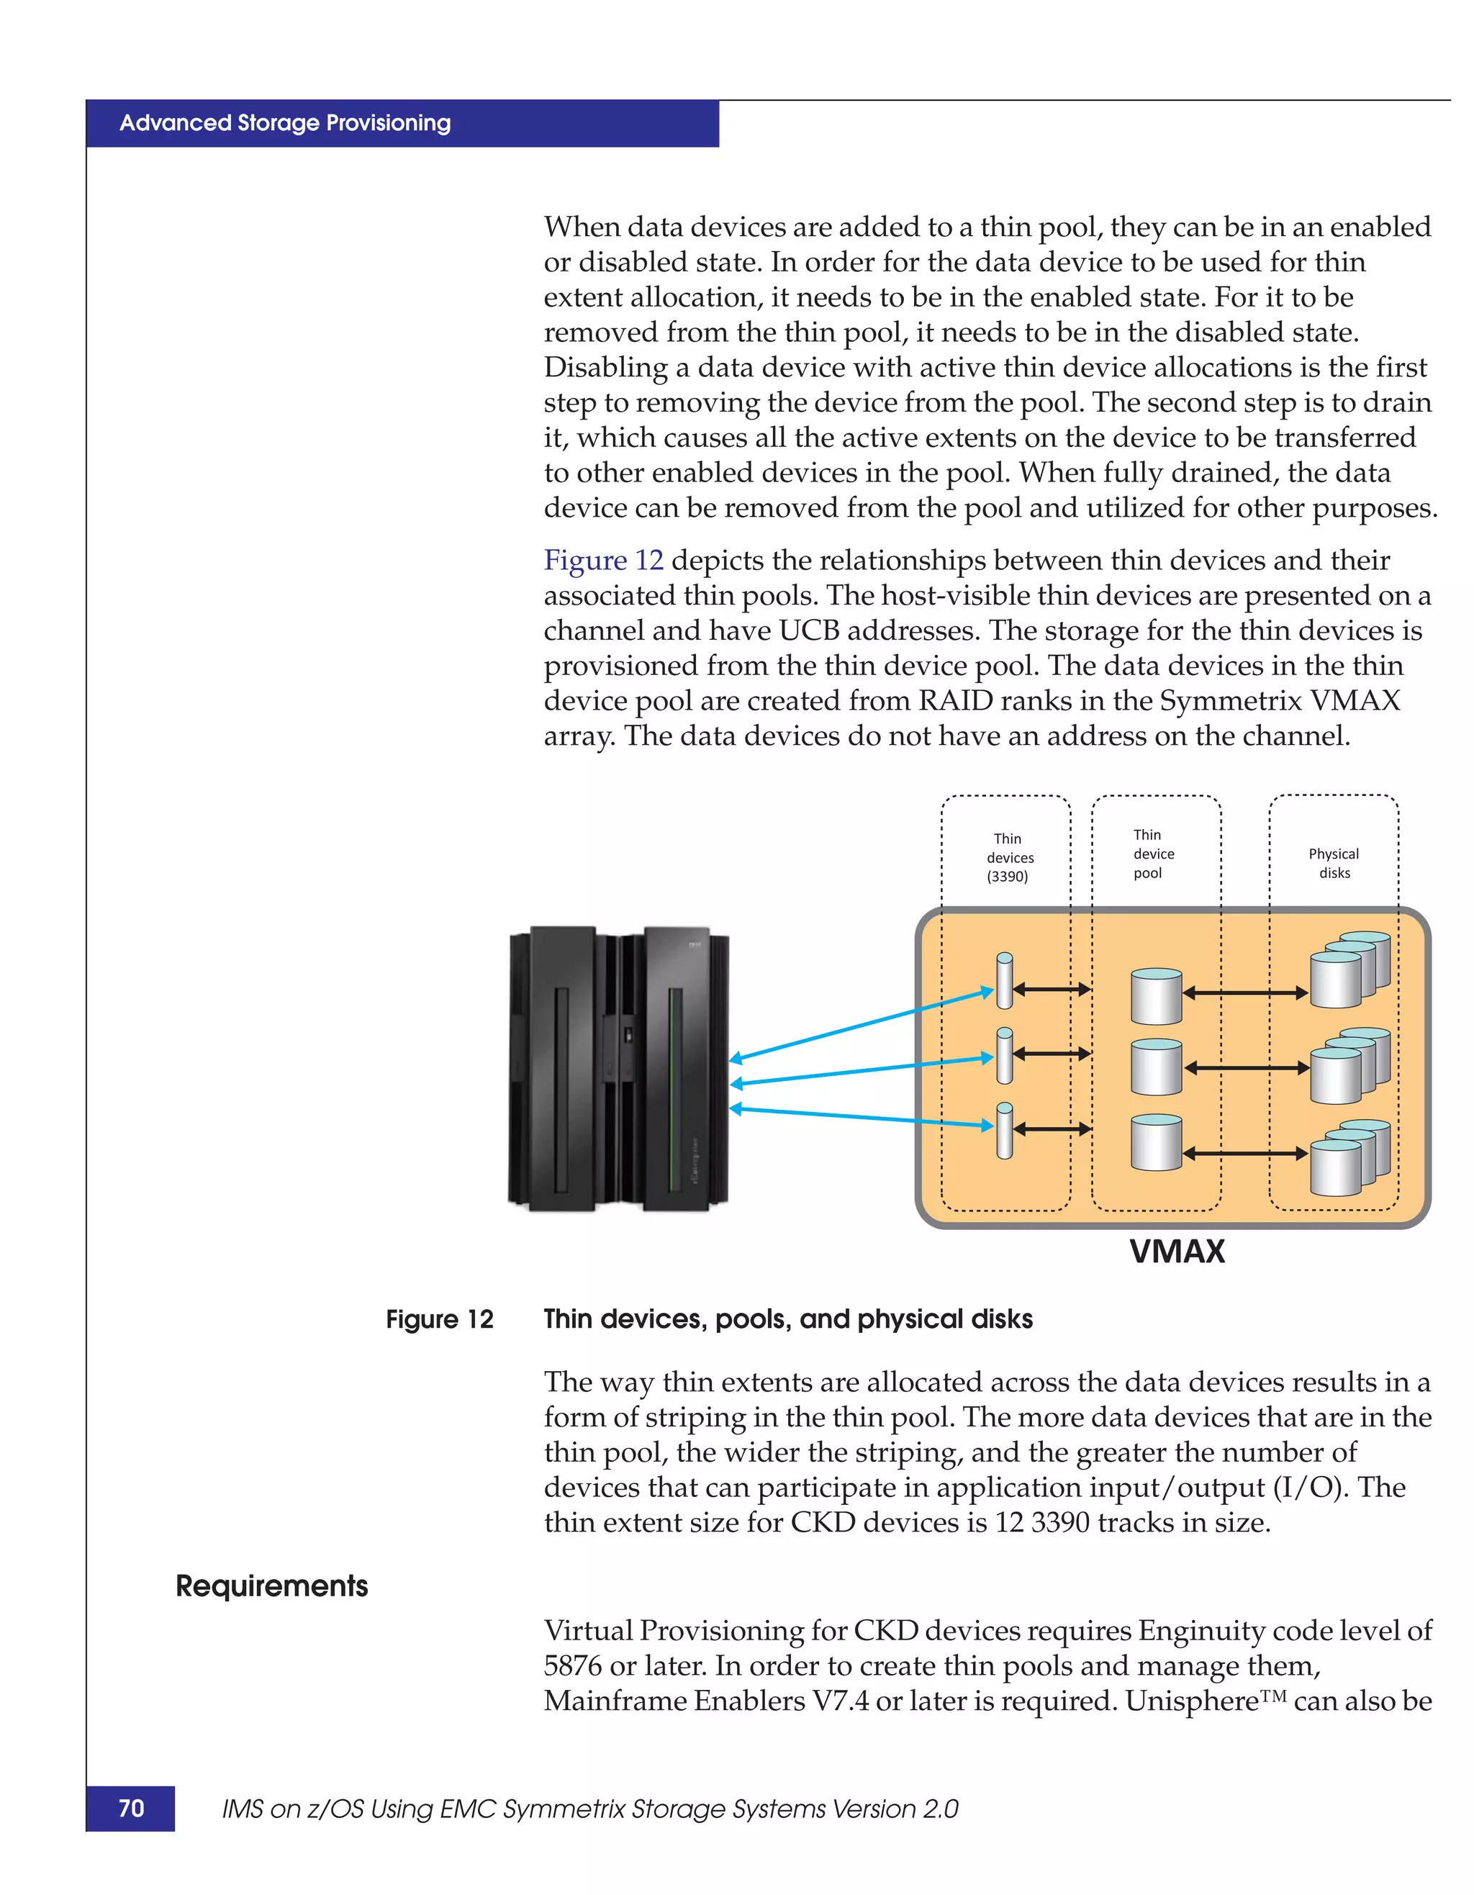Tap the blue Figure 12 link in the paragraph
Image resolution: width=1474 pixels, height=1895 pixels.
tap(603, 561)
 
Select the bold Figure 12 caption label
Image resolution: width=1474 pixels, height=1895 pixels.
tap(439, 1320)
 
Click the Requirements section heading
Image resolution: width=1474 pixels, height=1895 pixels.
tap(271, 1586)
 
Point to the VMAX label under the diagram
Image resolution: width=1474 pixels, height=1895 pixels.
tap(1177, 1251)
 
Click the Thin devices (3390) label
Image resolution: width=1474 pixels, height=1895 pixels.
tap(1008, 857)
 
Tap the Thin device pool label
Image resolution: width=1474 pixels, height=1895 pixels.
tap(1153, 854)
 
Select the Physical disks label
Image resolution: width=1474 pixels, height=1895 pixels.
tap(1334, 864)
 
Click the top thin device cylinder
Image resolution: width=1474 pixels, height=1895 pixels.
tap(1005, 982)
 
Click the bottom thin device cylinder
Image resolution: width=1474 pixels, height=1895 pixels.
tap(1005, 1131)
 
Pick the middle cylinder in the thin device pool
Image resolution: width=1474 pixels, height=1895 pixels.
tap(1156, 1067)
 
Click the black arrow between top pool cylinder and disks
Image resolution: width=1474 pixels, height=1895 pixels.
tap(1245, 992)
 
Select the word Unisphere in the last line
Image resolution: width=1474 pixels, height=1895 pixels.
tap(1191, 1701)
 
